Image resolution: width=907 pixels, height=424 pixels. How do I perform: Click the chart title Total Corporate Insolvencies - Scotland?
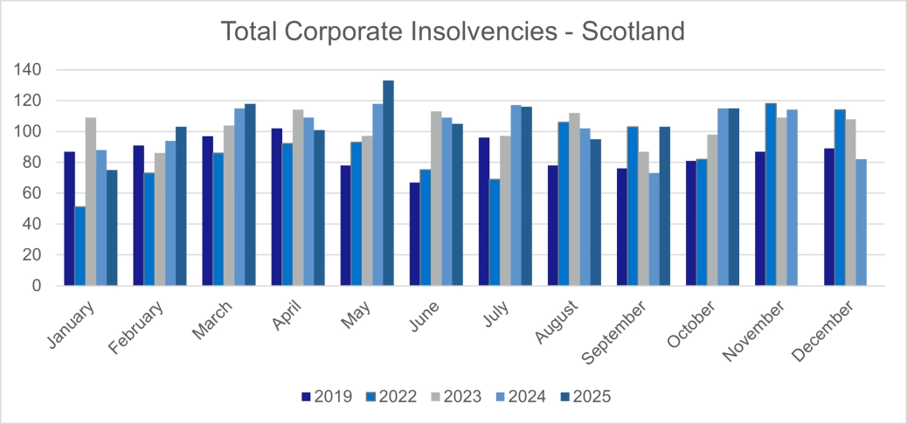pyautogui.click(x=453, y=31)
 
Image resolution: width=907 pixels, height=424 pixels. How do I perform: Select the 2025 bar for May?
pyautogui.click(x=388, y=184)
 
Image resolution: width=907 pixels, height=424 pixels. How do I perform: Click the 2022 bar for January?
pyautogui.click(x=80, y=246)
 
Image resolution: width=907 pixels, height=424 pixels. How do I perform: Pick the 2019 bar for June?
pyautogui.click(x=414, y=234)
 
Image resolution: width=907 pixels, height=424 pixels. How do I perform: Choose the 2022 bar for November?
pyautogui.click(x=771, y=194)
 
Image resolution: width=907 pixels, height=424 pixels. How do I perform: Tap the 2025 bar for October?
pyautogui.click(x=733, y=197)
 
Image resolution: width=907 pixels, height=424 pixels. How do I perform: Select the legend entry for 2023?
pyautogui.click(x=455, y=397)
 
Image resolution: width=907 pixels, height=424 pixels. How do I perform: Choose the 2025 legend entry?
pyautogui.click(x=585, y=397)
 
